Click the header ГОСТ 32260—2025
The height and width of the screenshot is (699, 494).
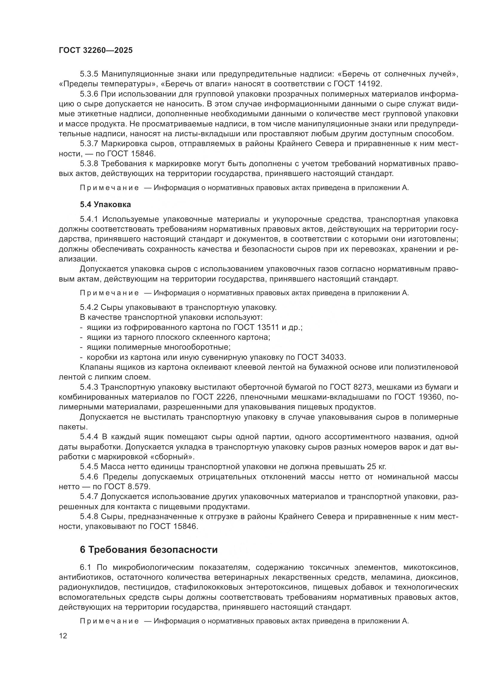96,51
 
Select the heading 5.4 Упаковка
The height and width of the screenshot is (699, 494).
105,205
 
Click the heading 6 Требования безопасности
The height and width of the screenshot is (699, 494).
149,550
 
